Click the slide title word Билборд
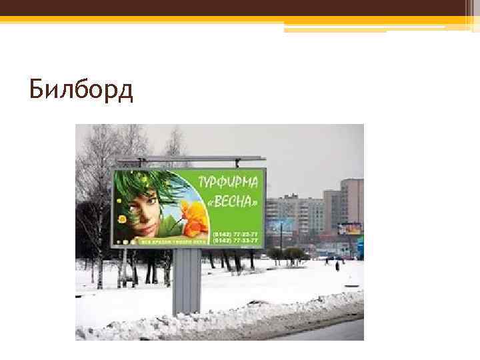pyautogui.click(x=81, y=89)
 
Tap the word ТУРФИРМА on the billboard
pyautogui.click(x=231, y=181)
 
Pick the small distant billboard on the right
pyautogui.click(x=349, y=229)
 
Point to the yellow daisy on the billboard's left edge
pyautogui.click(x=122, y=218)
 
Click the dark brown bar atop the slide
pyautogui.click(x=240, y=7)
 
